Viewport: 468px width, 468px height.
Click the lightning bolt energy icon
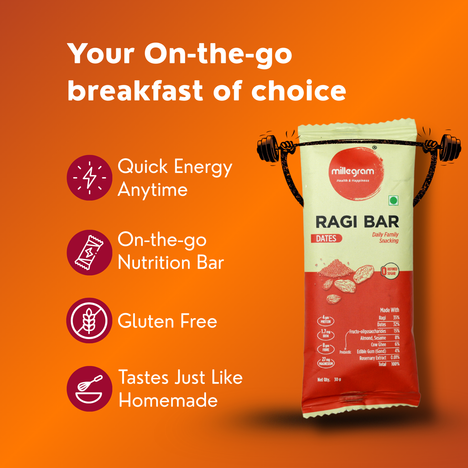(x=89, y=178)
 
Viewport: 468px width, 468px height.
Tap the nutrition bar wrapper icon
(x=89, y=253)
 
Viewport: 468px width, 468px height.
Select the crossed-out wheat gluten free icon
(x=89, y=321)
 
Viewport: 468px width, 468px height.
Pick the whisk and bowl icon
(x=89, y=389)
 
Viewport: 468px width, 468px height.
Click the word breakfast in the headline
(x=135, y=91)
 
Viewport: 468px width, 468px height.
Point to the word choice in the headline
(x=298, y=91)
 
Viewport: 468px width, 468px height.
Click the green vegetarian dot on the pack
(x=393, y=200)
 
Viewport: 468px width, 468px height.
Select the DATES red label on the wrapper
(x=326, y=239)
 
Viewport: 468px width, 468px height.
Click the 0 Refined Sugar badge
(x=389, y=271)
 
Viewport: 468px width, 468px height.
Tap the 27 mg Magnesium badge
(x=326, y=362)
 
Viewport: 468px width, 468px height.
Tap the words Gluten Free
(x=167, y=321)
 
